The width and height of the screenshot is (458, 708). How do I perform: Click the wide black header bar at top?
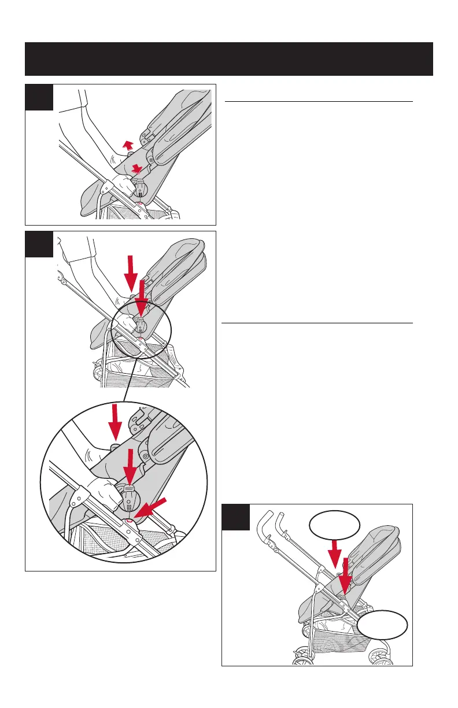click(x=229, y=58)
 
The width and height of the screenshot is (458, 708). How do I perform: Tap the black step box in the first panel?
click(x=39, y=97)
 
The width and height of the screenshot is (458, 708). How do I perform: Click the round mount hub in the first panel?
click(x=140, y=187)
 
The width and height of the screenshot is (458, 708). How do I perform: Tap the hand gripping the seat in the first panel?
click(x=123, y=186)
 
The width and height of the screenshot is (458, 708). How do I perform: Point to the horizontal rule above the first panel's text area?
click(x=318, y=101)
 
